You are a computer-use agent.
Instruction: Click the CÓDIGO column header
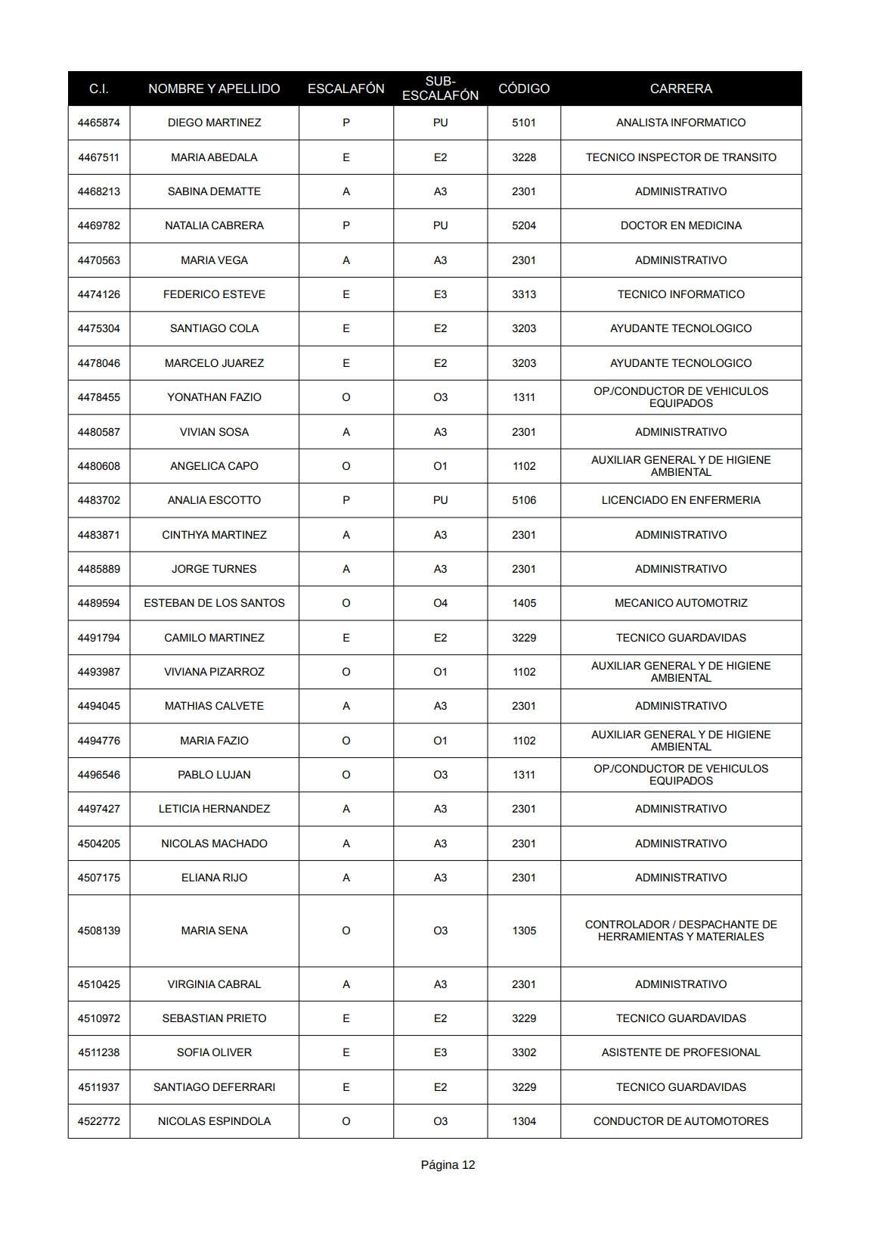pyautogui.click(x=524, y=89)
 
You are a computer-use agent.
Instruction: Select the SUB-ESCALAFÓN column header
pyautogui.click(x=440, y=89)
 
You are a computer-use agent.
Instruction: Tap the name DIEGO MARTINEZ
pyautogui.click(x=214, y=123)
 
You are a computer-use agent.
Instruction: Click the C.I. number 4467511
pyautogui.click(x=98, y=157)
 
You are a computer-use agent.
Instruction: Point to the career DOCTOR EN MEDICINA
pyautogui.click(x=680, y=225)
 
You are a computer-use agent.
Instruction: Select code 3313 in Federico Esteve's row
pyautogui.click(x=524, y=294)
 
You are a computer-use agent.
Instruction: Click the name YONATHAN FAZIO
pyautogui.click(x=214, y=397)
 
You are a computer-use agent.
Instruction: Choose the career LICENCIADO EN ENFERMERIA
pyautogui.click(x=680, y=500)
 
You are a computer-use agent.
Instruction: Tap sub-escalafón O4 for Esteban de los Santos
pyautogui.click(x=440, y=603)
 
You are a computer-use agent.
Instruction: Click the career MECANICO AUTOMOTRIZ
pyautogui.click(x=680, y=603)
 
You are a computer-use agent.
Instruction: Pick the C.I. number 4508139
pyautogui.click(x=98, y=931)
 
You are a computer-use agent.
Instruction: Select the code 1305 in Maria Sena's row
pyautogui.click(x=524, y=931)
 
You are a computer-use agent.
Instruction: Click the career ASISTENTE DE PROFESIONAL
pyautogui.click(x=680, y=1052)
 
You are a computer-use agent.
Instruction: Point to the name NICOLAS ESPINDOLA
pyautogui.click(x=214, y=1121)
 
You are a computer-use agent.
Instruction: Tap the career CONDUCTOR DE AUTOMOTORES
pyautogui.click(x=680, y=1121)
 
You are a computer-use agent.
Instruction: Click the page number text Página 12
pyautogui.click(x=448, y=1165)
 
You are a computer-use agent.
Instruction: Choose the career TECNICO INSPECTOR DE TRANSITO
pyautogui.click(x=680, y=157)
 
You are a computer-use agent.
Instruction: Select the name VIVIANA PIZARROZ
pyautogui.click(x=214, y=672)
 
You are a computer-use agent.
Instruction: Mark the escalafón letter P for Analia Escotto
pyautogui.click(x=346, y=500)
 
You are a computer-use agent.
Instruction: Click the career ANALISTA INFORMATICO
pyautogui.click(x=680, y=123)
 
